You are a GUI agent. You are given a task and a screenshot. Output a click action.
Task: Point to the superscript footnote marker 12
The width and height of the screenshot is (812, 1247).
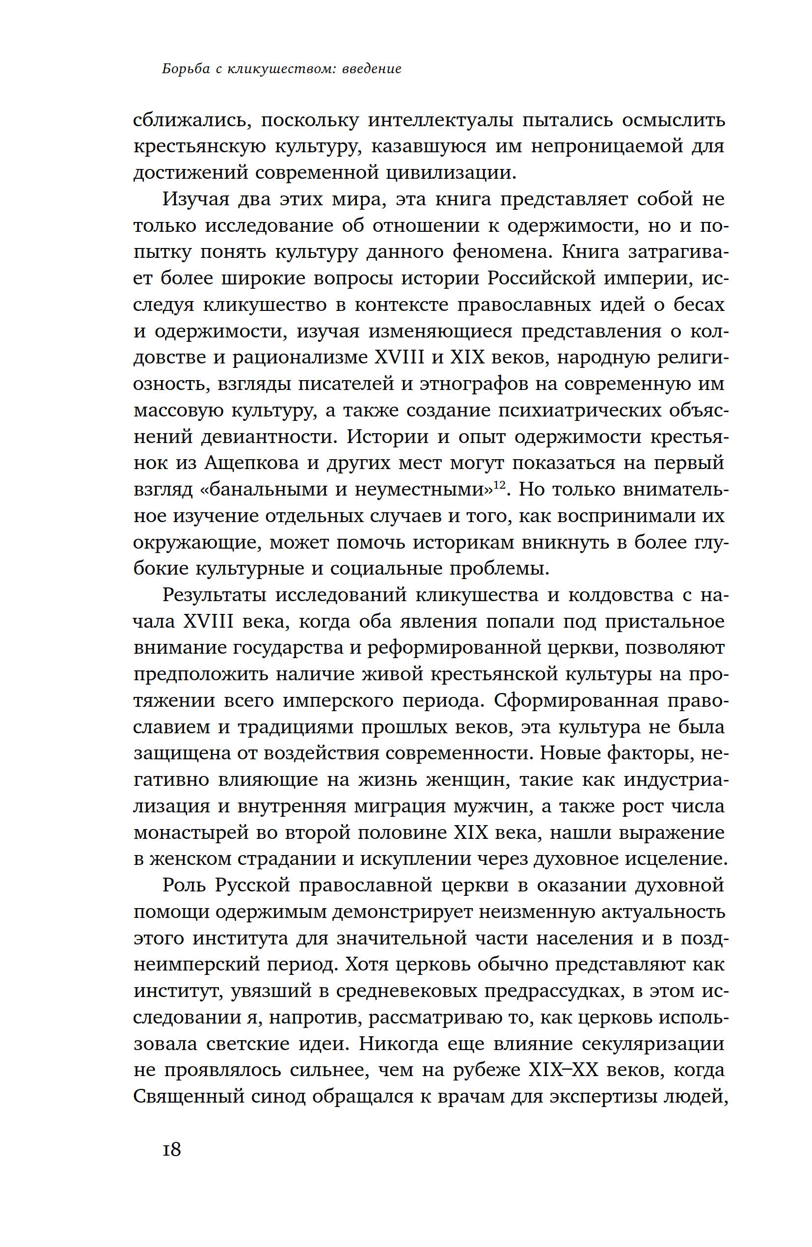click(499, 485)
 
